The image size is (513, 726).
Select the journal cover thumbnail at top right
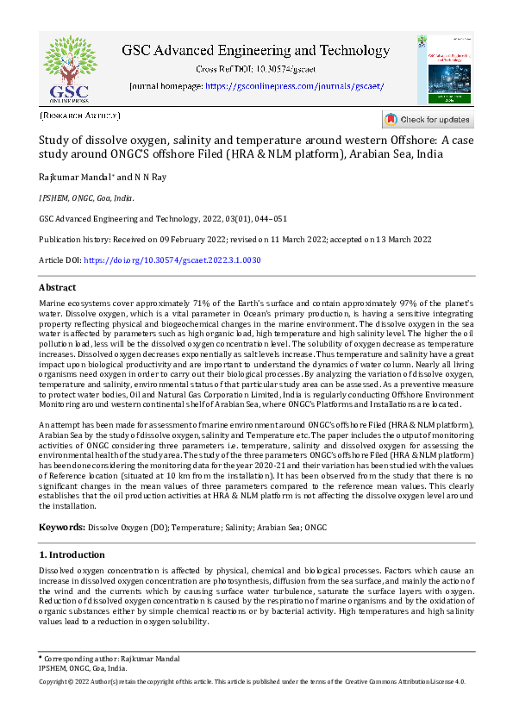coord(444,71)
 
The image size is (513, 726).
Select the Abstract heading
coord(58,287)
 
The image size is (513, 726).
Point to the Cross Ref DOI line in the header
coord(255,68)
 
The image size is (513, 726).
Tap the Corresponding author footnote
coord(109,659)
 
